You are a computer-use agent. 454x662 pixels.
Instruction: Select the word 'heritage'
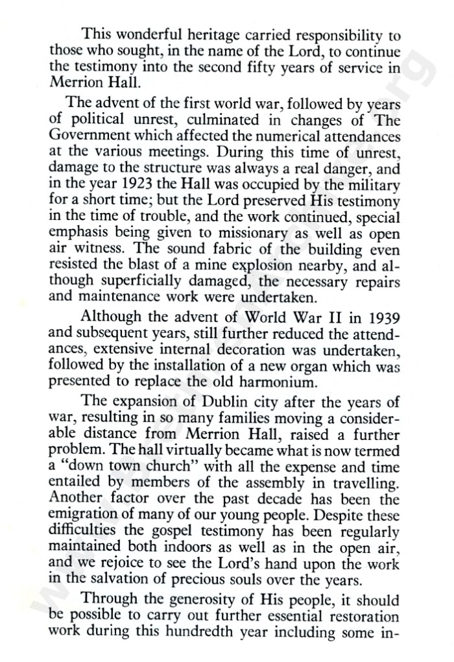point(226,34)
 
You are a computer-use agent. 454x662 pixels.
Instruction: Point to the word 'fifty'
point(267,66)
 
